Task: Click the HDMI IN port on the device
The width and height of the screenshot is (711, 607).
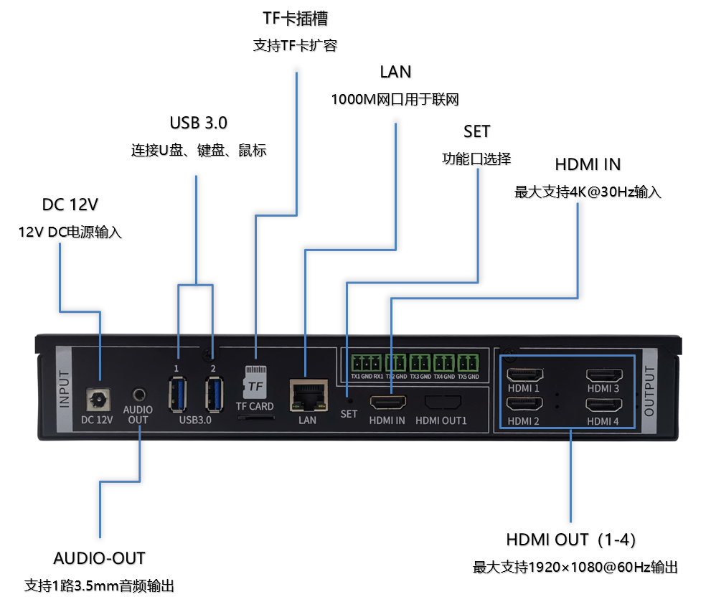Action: (387, 403)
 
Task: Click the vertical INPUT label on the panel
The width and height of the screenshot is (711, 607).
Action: (65, 390)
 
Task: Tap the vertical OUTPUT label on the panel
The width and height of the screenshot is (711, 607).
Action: (650, 390)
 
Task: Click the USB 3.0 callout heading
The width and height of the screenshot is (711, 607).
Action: (199, 123)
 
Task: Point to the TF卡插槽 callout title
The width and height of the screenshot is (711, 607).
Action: (296, 18)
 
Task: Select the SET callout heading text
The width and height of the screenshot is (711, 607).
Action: (476, 131)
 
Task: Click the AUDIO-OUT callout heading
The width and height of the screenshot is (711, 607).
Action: (99, 558)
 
